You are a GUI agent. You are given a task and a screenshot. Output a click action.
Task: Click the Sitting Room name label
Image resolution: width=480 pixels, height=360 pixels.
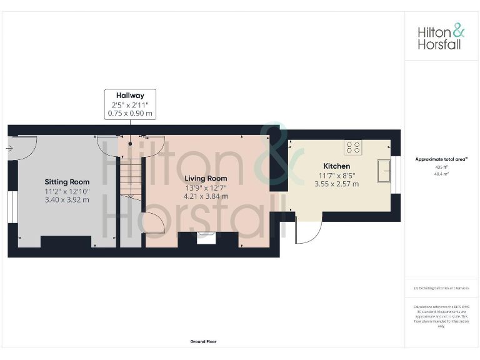point(67,182)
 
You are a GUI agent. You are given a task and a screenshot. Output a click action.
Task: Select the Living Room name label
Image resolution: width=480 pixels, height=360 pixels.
point(206,179)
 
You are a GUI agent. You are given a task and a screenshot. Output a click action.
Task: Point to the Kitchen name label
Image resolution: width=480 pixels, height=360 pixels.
point(336,166)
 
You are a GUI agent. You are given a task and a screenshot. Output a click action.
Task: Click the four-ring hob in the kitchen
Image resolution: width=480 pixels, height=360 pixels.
point(353,147)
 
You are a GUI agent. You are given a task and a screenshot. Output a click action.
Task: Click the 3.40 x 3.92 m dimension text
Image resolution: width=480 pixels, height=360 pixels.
point(67,199)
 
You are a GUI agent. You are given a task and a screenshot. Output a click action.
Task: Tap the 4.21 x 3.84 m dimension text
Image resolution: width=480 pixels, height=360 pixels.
point(206,196)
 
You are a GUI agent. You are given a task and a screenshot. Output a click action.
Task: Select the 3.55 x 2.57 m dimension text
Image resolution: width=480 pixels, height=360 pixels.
point(336,184)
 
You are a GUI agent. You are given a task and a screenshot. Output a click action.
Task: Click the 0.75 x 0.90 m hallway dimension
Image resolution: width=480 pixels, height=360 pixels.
point(130,114)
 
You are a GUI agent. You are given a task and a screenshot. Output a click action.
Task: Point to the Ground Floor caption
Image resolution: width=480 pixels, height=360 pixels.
point(204,342)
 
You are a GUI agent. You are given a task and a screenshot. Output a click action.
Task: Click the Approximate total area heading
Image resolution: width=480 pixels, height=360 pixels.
point(441,159)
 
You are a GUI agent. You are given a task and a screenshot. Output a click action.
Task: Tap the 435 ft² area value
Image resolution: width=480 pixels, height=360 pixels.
point(441,167)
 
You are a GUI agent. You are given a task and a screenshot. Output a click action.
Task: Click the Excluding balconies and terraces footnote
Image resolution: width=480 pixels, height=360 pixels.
point(441,288)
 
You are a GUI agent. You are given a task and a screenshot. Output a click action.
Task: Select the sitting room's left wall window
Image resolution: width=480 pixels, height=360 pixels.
point(11,206)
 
